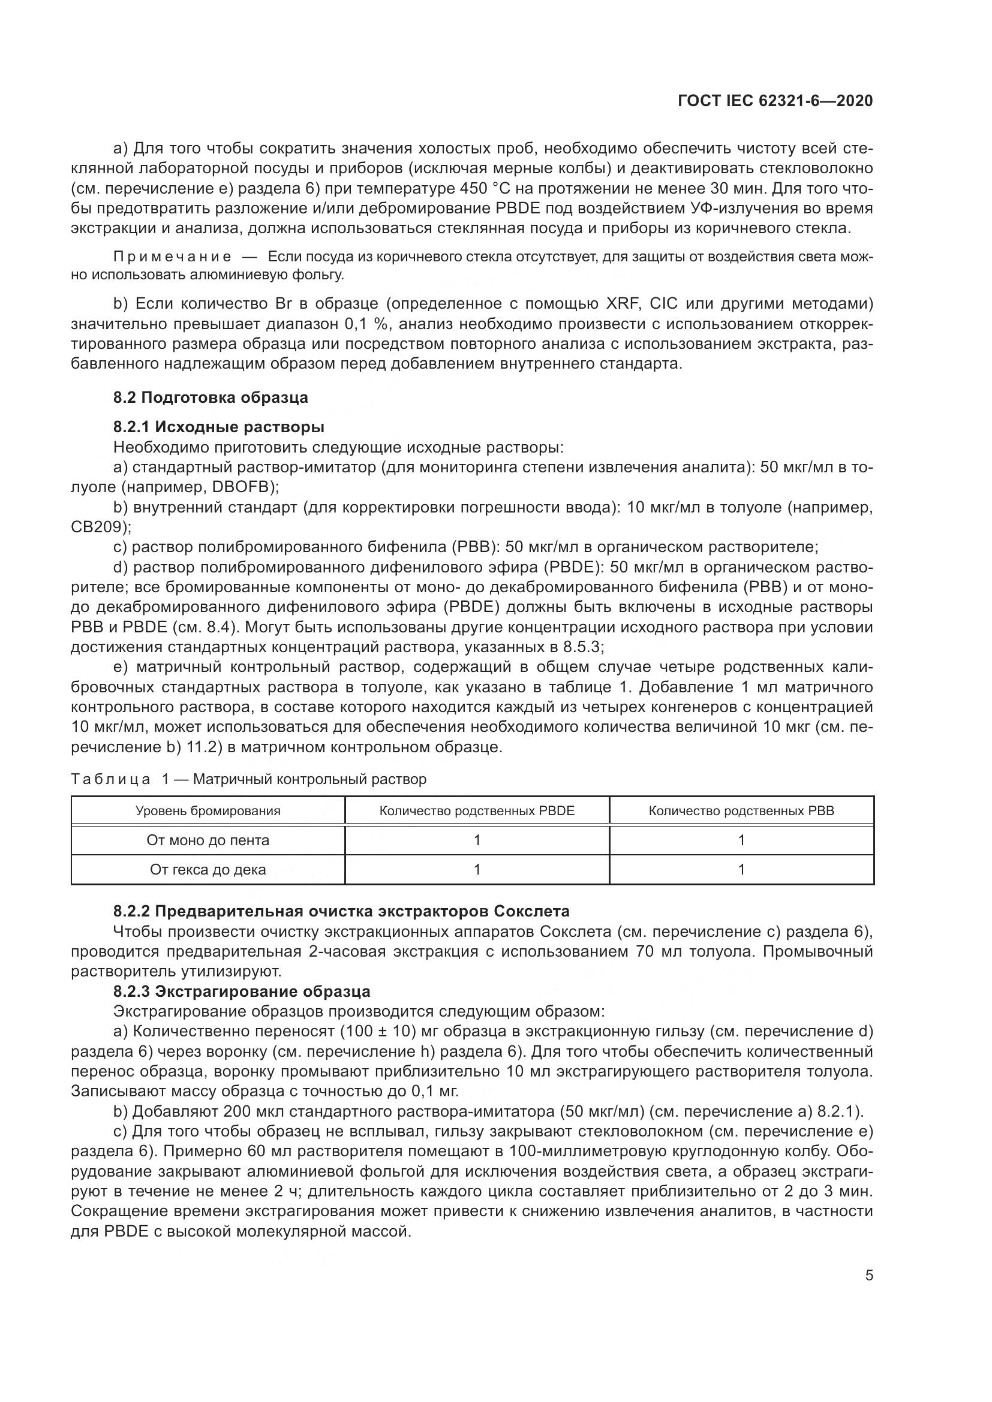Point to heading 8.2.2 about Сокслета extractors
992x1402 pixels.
341,912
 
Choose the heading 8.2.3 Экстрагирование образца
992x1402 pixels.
241,991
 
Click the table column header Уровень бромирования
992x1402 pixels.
208,811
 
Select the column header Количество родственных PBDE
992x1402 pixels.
477,811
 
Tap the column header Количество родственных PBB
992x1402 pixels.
741,811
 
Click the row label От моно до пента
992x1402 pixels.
208,840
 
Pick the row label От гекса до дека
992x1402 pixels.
208,870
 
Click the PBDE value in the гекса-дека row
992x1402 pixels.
477,870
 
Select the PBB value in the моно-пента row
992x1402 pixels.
741,840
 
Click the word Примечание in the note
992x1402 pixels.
172,257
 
